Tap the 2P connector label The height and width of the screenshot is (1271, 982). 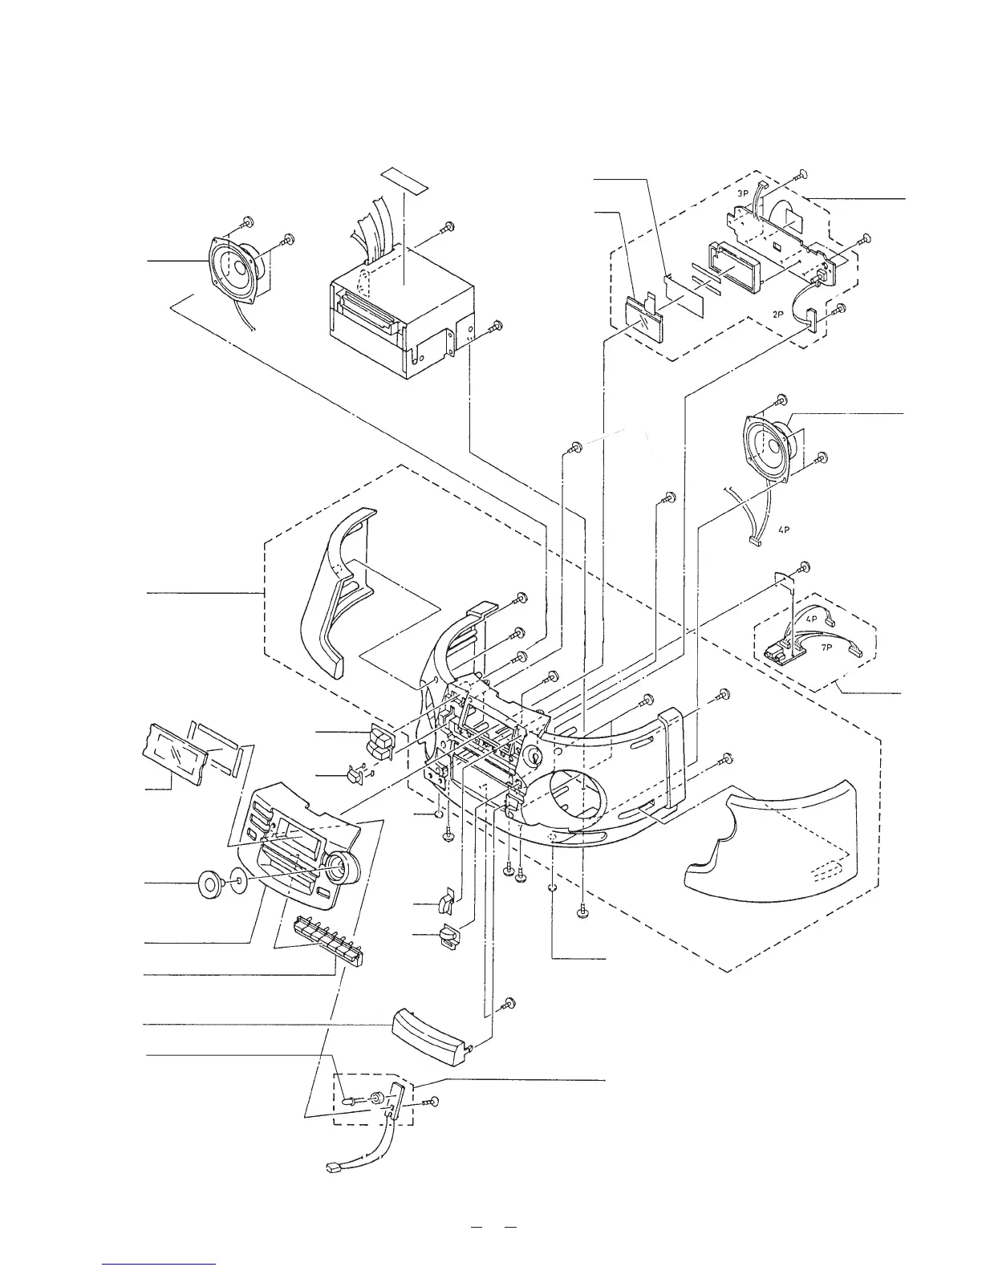coord(777,315)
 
